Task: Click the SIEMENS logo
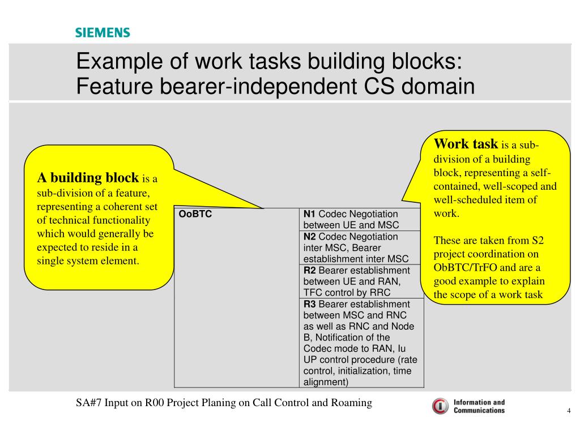103,32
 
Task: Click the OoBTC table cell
237,297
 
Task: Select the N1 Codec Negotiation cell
361,220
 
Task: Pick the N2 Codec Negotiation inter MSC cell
361,248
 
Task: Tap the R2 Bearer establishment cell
361,281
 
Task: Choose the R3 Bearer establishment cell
361,343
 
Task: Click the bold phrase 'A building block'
88,178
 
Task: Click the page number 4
568,411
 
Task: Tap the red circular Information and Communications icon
440,406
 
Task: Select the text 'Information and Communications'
479,406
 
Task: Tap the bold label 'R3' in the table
309,304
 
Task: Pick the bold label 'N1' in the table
309,214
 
